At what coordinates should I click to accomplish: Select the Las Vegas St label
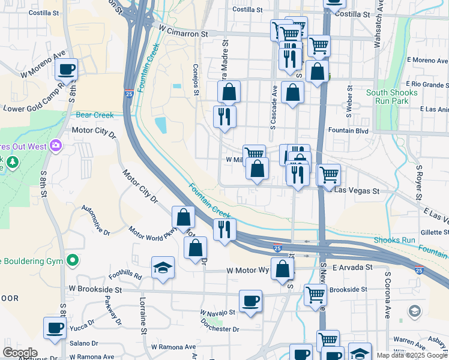click(x=357, y=191)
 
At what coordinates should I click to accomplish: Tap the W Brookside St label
click(x=95, y=289)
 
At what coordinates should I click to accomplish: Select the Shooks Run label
click(x=394, y=240)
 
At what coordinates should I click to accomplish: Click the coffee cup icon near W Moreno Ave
click(x=67, y=69)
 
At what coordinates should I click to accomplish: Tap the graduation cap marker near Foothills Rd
click(x=162, y=268)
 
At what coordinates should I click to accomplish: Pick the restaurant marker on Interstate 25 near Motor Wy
click(x=224, y=229)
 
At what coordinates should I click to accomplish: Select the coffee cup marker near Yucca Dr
click(x=55, y=328)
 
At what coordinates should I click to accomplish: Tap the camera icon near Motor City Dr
click(x=56, y=145)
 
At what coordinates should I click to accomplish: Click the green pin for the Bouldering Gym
click(x=73, y=260)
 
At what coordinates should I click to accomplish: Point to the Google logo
click(x=20, y=353)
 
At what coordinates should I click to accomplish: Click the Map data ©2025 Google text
click(x=412, y=355)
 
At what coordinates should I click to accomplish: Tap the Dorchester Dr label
click(x=219, y=329)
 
